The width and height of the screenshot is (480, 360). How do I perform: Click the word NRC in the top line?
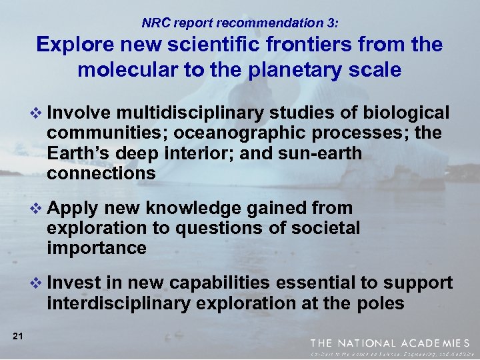click(x=155, y=23)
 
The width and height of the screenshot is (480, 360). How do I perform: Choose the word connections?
click(x=101, y=174)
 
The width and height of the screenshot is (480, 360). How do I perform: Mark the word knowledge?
click(x=213, y=209)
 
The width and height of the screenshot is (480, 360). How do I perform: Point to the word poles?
click(x=379, y=303)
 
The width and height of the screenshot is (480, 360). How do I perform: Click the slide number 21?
click(x=18, y=336)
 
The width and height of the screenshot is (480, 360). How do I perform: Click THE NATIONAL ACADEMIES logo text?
click(x=394, y=342)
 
